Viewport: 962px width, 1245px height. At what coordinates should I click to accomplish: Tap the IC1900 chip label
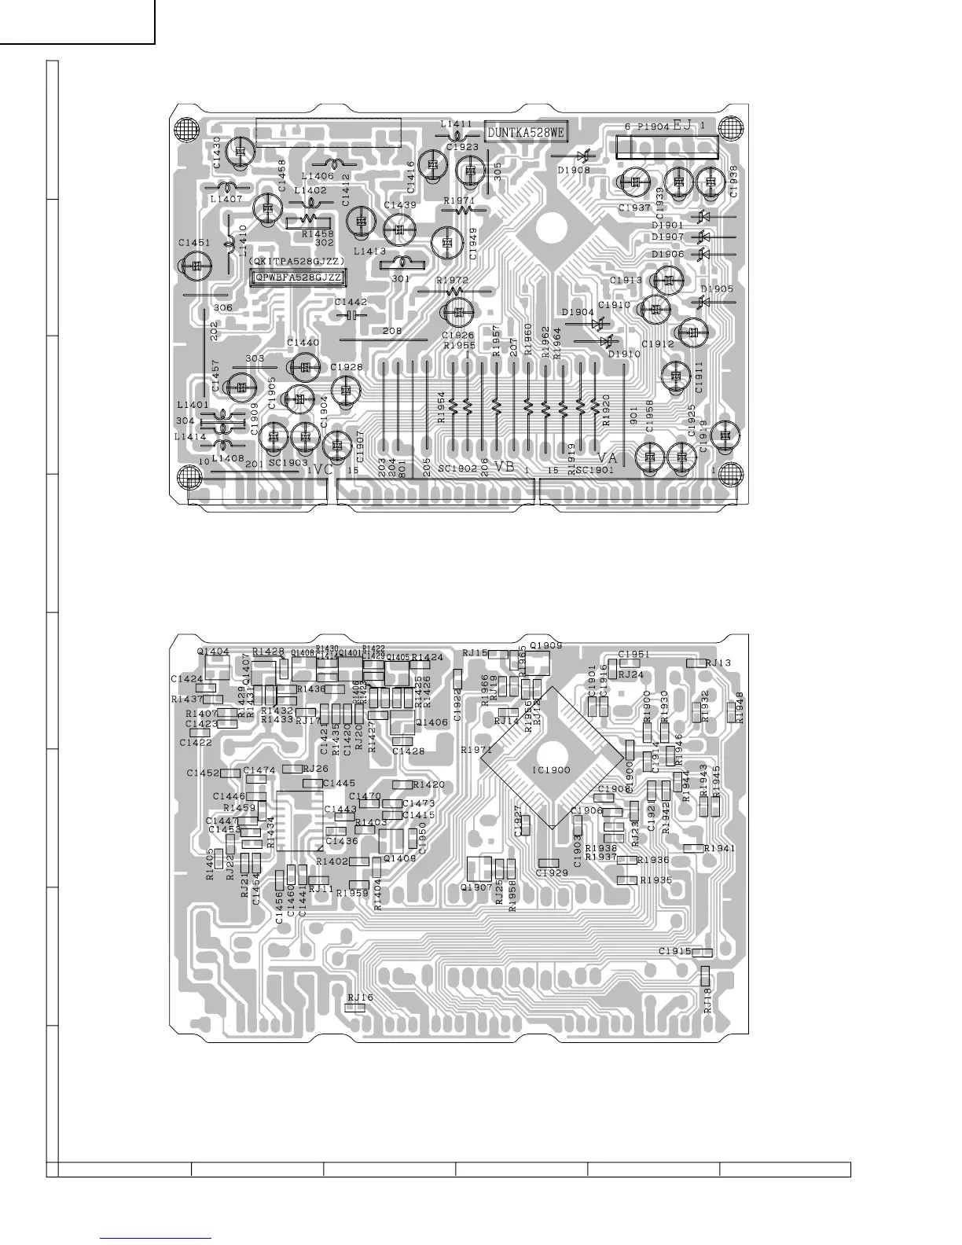click(551, 769)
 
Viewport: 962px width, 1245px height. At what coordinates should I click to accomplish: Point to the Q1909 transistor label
click(546, 645)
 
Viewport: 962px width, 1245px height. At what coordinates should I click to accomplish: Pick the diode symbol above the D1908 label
click(582, 157)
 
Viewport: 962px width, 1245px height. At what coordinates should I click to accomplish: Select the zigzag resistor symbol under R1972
click(454, 291)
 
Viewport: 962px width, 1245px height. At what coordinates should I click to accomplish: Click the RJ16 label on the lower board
click(360, 997)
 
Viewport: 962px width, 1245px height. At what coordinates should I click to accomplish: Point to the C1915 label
click(675, 952)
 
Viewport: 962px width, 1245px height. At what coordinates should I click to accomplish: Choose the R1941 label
click(720, 849)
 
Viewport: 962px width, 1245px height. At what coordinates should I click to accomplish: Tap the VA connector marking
click(607, 457)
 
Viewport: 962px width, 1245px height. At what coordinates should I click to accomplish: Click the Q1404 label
click(213, 652)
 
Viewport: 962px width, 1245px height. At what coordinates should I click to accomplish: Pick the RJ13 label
click(718, 663)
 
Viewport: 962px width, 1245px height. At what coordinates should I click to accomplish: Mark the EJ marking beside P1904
click(681, 125)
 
